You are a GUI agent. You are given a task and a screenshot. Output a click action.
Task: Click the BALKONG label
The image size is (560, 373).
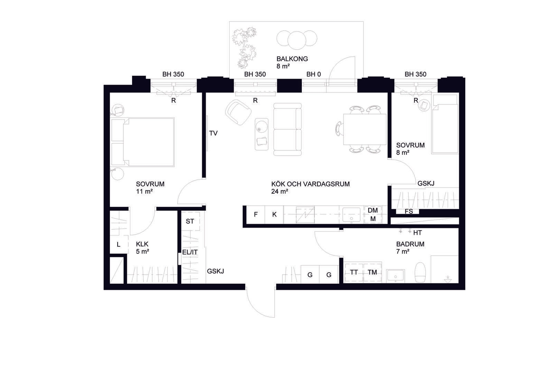click(292, 59)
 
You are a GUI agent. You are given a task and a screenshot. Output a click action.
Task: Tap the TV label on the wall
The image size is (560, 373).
click(213, 133)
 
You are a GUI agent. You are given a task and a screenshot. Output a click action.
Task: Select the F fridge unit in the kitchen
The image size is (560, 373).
click(255, 215)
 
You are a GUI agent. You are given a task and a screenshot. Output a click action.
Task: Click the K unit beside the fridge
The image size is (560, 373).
click(274, 215)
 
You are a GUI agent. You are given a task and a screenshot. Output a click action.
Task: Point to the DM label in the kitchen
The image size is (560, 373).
click(373, 210)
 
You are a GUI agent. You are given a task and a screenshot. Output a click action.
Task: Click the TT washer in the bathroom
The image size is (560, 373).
click(354, 272)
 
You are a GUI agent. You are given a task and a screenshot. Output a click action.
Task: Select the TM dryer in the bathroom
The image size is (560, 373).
click(372, 272)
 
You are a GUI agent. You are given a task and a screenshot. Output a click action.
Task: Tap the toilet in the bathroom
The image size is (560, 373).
click(420, 272)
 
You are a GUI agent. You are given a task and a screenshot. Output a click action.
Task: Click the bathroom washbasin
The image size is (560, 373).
click(396, 276)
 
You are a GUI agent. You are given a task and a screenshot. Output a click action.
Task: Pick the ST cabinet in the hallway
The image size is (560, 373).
click(190, 221)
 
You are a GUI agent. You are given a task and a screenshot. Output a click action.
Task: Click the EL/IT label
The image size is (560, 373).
click(190, 252)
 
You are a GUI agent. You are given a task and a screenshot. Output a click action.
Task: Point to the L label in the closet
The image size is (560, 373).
click(118, 245)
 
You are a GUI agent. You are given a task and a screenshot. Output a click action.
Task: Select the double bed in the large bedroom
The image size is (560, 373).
click(143, 142)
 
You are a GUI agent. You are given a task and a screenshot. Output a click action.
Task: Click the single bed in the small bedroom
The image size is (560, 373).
click(445, 124)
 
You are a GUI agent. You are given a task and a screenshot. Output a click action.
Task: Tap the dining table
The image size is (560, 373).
click(365, 129)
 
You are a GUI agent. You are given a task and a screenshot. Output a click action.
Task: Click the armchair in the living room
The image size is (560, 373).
click(238, 112)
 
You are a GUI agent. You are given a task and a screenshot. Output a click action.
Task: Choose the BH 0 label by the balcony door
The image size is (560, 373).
click(314, 74)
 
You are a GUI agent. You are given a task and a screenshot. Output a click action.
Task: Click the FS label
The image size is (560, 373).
click(409, 211)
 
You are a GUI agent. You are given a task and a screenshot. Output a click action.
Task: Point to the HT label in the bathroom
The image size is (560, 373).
click(417, 233)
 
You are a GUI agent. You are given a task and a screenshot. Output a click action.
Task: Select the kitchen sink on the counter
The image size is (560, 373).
click(351, 215)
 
